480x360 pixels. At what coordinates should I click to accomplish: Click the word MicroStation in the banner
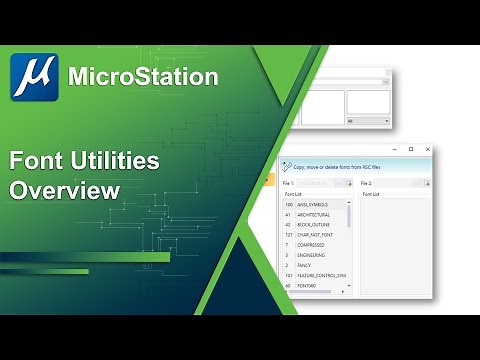coord(142,76)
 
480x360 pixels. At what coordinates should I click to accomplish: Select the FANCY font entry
coord(305,266)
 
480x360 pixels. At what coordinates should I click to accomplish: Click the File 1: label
coord(288,183)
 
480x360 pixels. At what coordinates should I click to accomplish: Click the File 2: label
coord(365,183)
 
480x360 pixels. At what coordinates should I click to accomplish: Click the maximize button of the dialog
coord(411,149)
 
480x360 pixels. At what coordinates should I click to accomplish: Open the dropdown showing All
coord(367,121)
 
